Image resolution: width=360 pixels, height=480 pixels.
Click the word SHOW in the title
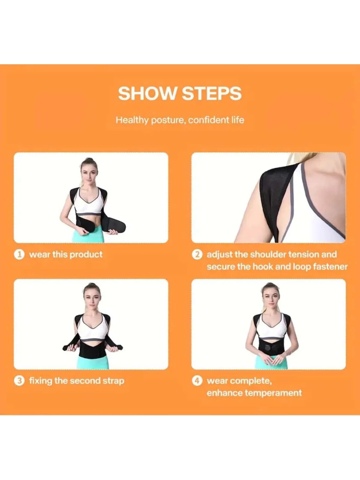pyautogui.click(x=147, y=93)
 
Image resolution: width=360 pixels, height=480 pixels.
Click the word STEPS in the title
pyautogui.click(x=212, y=93)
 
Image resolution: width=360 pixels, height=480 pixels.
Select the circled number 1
pyautogui.click(x=19, y=254)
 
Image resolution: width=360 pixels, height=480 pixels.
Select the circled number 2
pyautogui.click(x=197, y=254)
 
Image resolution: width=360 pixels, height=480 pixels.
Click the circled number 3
pyautogui.click(x=19, y=381)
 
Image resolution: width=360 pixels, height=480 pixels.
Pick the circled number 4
pyautogui.click(x=197, y=381)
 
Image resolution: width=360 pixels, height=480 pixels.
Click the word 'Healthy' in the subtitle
pyautogui.click(x=132, y=120)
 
